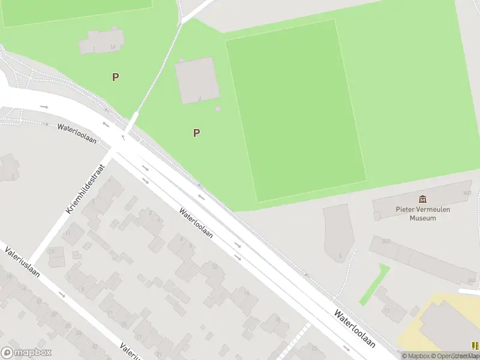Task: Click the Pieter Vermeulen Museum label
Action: [422, 214]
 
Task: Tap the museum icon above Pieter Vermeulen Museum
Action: [422, 199]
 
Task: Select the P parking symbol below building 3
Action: [196, 133]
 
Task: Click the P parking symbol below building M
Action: [115, 77]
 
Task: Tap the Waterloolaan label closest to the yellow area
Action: [355, 329]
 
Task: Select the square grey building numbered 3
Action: [196, 80]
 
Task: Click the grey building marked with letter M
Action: [102, 41]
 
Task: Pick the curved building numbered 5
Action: [338, 231]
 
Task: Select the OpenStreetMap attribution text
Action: [458, 356]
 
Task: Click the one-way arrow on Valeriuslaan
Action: [62, 295]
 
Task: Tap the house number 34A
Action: [471, 280]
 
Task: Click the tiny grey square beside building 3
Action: [218, 109]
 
